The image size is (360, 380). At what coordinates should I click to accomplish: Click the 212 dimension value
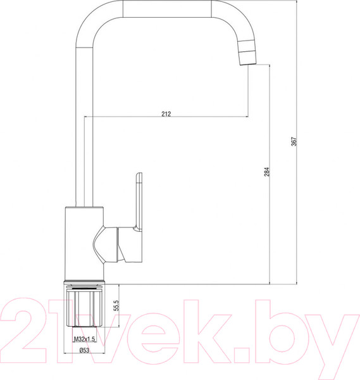166,114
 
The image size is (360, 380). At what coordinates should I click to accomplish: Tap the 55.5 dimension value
116,306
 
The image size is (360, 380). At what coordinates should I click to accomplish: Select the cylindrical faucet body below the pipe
82,244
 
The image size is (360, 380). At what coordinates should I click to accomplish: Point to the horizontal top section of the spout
164,9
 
